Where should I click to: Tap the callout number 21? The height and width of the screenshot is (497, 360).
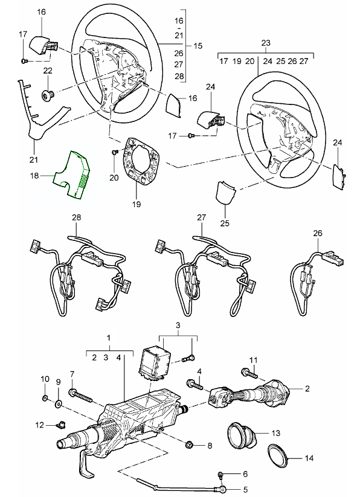(33, 159)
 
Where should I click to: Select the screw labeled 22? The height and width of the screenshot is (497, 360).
(48, 94)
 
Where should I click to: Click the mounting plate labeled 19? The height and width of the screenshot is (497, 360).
(141, 161)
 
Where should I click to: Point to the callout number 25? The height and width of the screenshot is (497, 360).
(225, 223)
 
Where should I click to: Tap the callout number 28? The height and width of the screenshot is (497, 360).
(76, 217)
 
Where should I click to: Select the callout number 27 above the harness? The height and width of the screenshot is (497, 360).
(202, 217)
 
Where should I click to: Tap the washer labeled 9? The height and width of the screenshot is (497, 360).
(59, 405)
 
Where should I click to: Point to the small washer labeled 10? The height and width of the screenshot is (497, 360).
(45, 398)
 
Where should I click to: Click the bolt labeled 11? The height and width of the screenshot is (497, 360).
(249, 374)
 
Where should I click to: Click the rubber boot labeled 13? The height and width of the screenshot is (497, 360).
(241, 435)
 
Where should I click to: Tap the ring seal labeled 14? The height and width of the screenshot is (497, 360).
(278, 455)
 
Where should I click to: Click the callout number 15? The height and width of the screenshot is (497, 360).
(198, 46)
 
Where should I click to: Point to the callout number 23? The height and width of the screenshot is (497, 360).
(266, 43)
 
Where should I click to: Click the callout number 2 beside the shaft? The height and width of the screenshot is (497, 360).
(307, 388)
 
